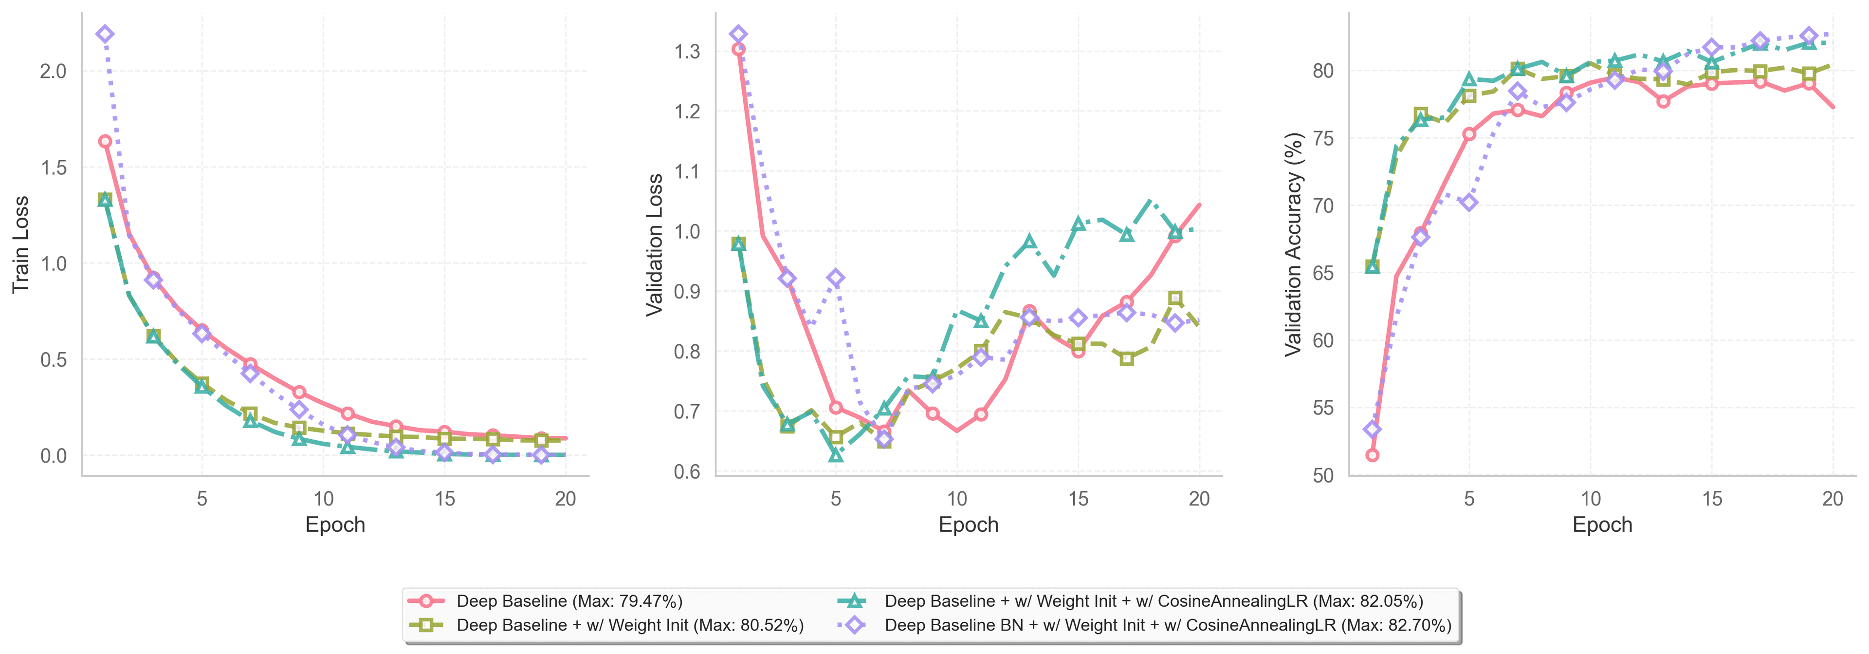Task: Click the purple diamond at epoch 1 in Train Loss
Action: coord(105,34)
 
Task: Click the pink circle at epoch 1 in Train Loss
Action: coord(105,142)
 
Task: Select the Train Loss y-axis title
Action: coord(20,244)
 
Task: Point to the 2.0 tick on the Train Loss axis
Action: coord(53,71)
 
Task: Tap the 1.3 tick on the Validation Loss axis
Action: coord(687,52)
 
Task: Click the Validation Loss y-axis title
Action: coord(655,244)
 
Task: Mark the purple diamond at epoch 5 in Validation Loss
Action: coord(836,278)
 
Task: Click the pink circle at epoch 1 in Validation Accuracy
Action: coord(1372,455)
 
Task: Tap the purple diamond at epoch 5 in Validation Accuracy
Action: coord(1469,203)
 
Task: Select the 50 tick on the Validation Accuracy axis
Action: coord(1323,475)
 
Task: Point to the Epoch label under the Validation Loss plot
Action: coord(969,525)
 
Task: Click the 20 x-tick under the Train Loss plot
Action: coord(565,499)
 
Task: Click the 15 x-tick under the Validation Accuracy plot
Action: coord(1712,499)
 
